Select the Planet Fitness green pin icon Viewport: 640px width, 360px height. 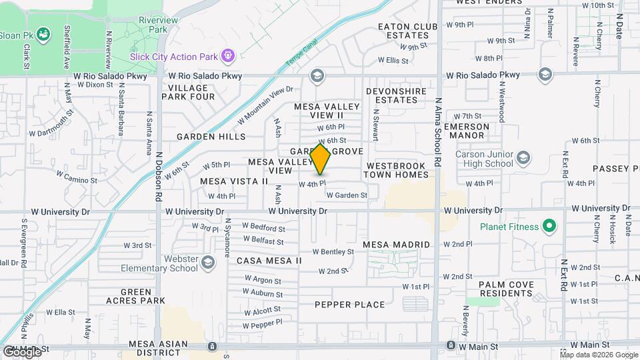549,227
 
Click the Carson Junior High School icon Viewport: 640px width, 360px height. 523,158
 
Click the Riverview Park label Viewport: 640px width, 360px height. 158,25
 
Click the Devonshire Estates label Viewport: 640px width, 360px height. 392,95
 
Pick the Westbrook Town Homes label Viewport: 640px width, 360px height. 396,169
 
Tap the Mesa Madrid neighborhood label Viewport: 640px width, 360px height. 397,245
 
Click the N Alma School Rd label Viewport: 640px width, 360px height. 438,133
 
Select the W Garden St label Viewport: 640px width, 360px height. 347,195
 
